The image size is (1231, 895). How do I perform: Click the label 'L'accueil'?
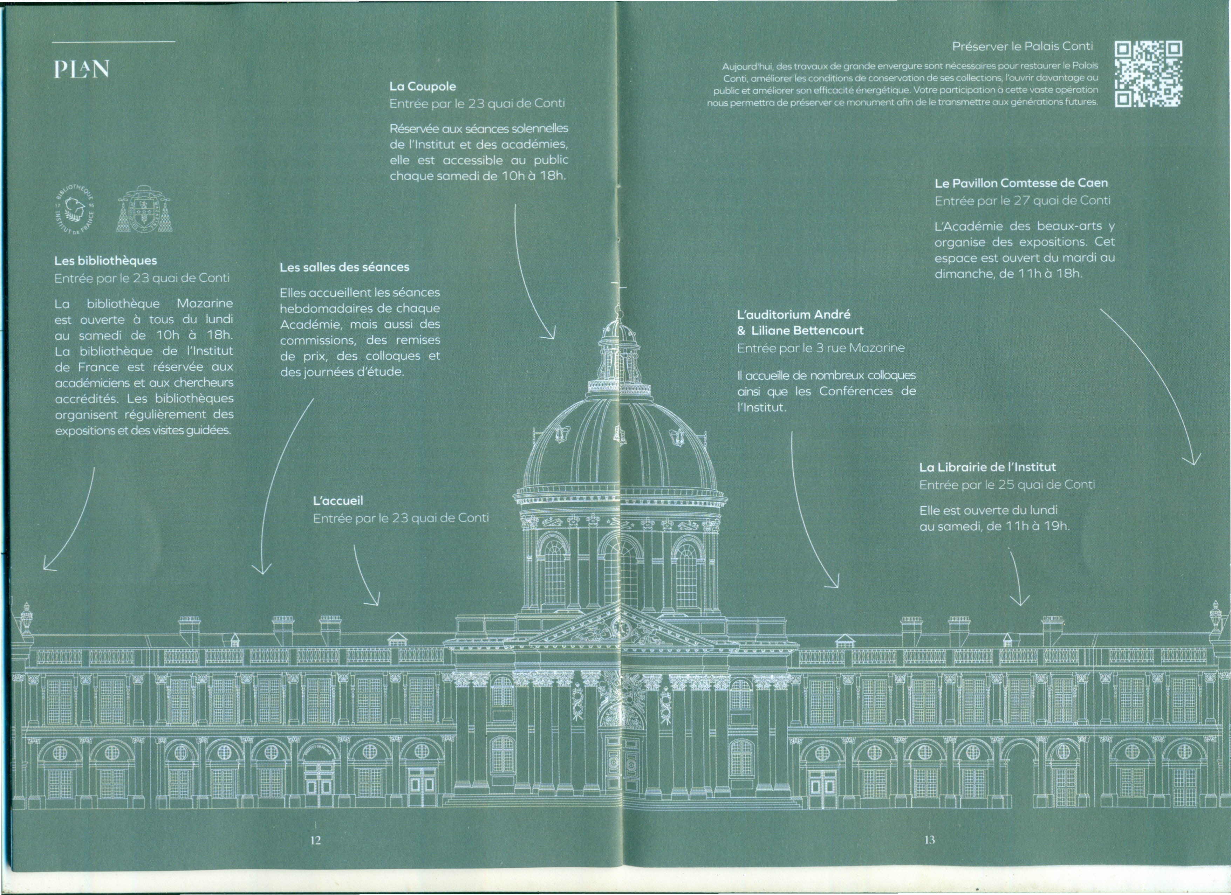(338, 501)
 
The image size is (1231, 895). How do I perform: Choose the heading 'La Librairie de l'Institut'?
(988, 467)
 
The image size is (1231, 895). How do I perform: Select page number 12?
(315, 840)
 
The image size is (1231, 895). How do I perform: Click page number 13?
(930, 840)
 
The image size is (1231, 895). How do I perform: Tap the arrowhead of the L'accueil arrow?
(374, 599)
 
